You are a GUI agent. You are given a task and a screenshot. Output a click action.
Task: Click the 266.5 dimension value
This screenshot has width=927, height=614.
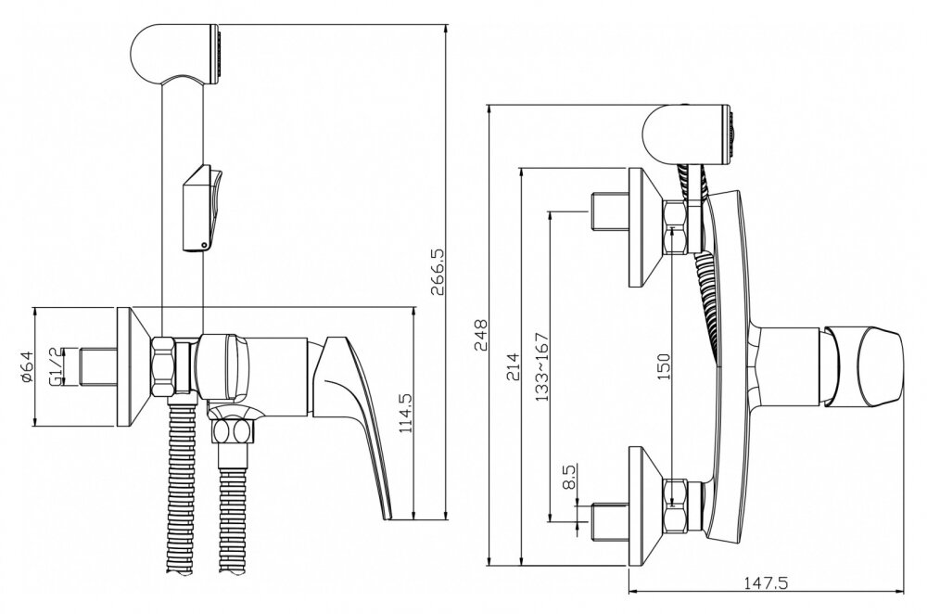tap(438, 271)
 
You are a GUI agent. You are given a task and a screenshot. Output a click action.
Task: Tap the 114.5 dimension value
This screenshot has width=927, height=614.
tap(406, 422)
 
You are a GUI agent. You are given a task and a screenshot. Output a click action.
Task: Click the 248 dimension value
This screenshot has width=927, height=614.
tap(480, 336)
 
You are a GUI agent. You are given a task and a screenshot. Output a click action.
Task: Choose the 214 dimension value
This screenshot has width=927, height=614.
tap(513, 366)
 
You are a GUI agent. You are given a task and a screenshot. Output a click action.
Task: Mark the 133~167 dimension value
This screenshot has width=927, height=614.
tap(542, 366)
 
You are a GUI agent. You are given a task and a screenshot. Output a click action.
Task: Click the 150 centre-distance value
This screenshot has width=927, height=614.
tap(664, 366)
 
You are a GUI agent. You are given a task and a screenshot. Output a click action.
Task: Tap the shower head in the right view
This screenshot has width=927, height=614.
tap(688, 134)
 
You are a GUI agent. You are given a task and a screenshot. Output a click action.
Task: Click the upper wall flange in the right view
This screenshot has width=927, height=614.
tap(644, 227)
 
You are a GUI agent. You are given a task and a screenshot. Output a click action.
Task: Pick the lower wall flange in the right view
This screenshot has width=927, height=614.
tap(644, 505)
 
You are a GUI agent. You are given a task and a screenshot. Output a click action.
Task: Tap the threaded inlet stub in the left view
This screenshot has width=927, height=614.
tap(98, 366)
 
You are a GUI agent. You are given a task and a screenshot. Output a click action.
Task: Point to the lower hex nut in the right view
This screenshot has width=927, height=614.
tap(675, 505)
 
